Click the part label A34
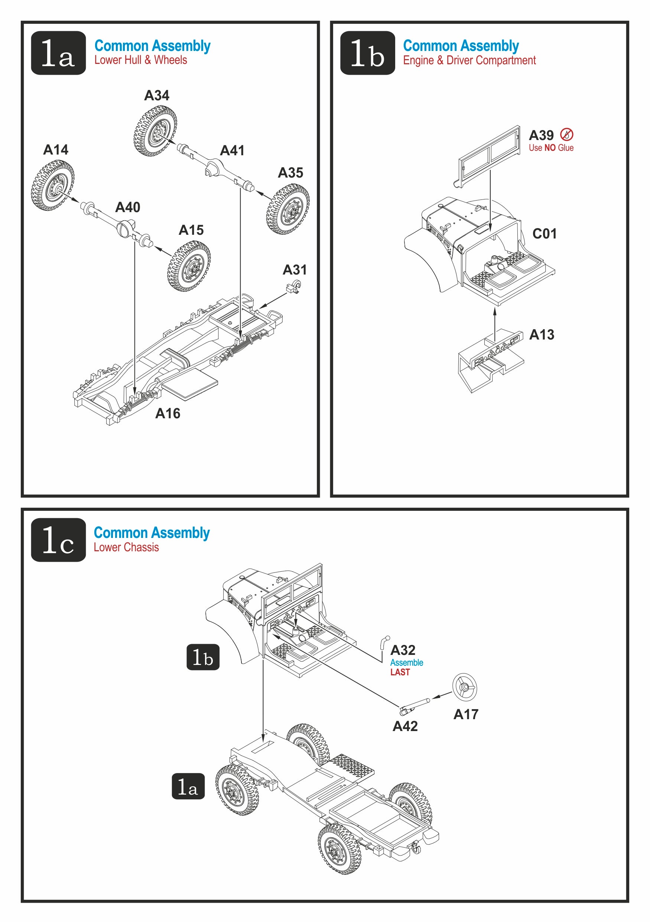click(x=157, y=95)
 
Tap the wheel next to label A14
click(x=53, y=185)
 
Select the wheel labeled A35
click(x=287, y=209)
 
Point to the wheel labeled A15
click(x=189, y=266)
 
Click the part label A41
click(x=232, y=150)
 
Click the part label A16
click(x=168, y=413)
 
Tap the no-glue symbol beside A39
click(x=566, y=134)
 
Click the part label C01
click(x=545, y=234)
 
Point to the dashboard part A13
click(x=491, y=358)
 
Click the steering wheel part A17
click(x=465, y=687)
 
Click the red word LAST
click(x=400, y=672)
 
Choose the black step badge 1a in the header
click(x=59, y=53)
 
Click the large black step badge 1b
click(x=367, y=53)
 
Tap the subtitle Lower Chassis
click(x=126, y=547)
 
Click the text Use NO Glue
click(x=551, y=148)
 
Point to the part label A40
click(x=128, y=207)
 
